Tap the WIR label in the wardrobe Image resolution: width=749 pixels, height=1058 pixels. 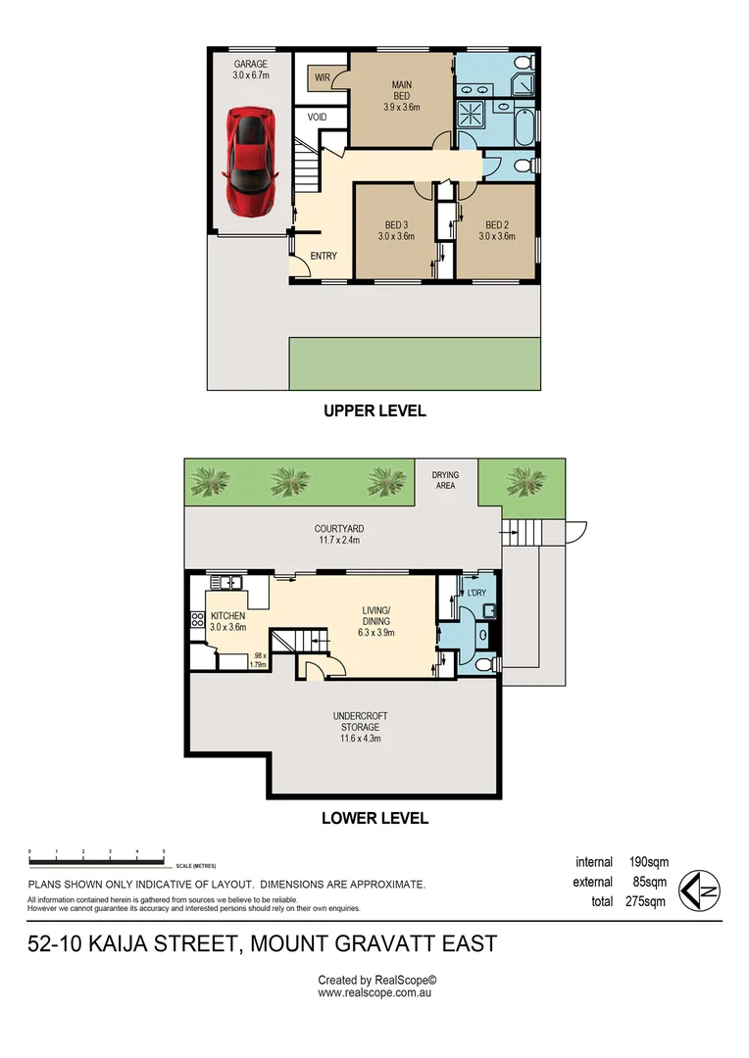[322, 77]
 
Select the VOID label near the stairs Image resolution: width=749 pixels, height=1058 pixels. [317, 117]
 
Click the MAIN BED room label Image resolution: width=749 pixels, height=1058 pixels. [401, 89]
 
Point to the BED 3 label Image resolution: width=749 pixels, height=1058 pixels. [392, 229]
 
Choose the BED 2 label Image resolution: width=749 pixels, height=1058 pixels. [497, 229]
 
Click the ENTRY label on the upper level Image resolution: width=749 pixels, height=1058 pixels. [324, 256]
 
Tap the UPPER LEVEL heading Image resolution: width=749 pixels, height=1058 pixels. [374, 411]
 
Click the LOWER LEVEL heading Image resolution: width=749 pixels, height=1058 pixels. [374, 818]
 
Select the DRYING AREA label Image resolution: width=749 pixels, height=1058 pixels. [445, 480]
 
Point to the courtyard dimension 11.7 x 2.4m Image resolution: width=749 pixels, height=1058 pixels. [340, 540]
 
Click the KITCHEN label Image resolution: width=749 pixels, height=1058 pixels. [227, 616]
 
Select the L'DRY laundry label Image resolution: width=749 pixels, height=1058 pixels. [477, 593]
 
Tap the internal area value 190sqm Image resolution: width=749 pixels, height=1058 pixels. [650, 862]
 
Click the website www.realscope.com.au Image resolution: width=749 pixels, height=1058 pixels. [374, 992]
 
